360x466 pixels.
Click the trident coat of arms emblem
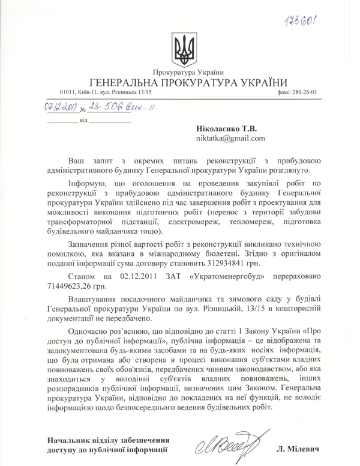coord(184,48)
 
